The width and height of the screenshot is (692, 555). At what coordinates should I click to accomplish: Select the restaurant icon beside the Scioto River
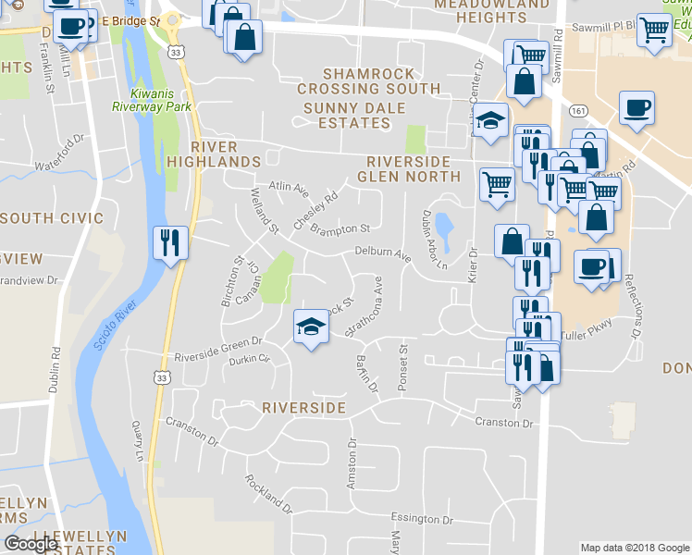click(x=169, y=243)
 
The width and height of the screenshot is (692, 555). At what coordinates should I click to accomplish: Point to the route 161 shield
click(x=578, y=111)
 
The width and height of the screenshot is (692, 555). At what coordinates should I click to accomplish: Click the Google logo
click(x=31, y=544)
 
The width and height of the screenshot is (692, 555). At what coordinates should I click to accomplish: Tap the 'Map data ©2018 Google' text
click(x=635, y=548)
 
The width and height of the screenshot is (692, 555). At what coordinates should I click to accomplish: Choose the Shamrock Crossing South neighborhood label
click(x=368, y=81)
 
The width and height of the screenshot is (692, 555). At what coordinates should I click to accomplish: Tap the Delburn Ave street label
click(x=382, y=253)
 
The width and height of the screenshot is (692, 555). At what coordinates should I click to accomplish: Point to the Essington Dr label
click(x=422, y=519)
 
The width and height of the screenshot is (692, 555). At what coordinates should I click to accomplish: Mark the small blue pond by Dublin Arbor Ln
click(x=443, y=230)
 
